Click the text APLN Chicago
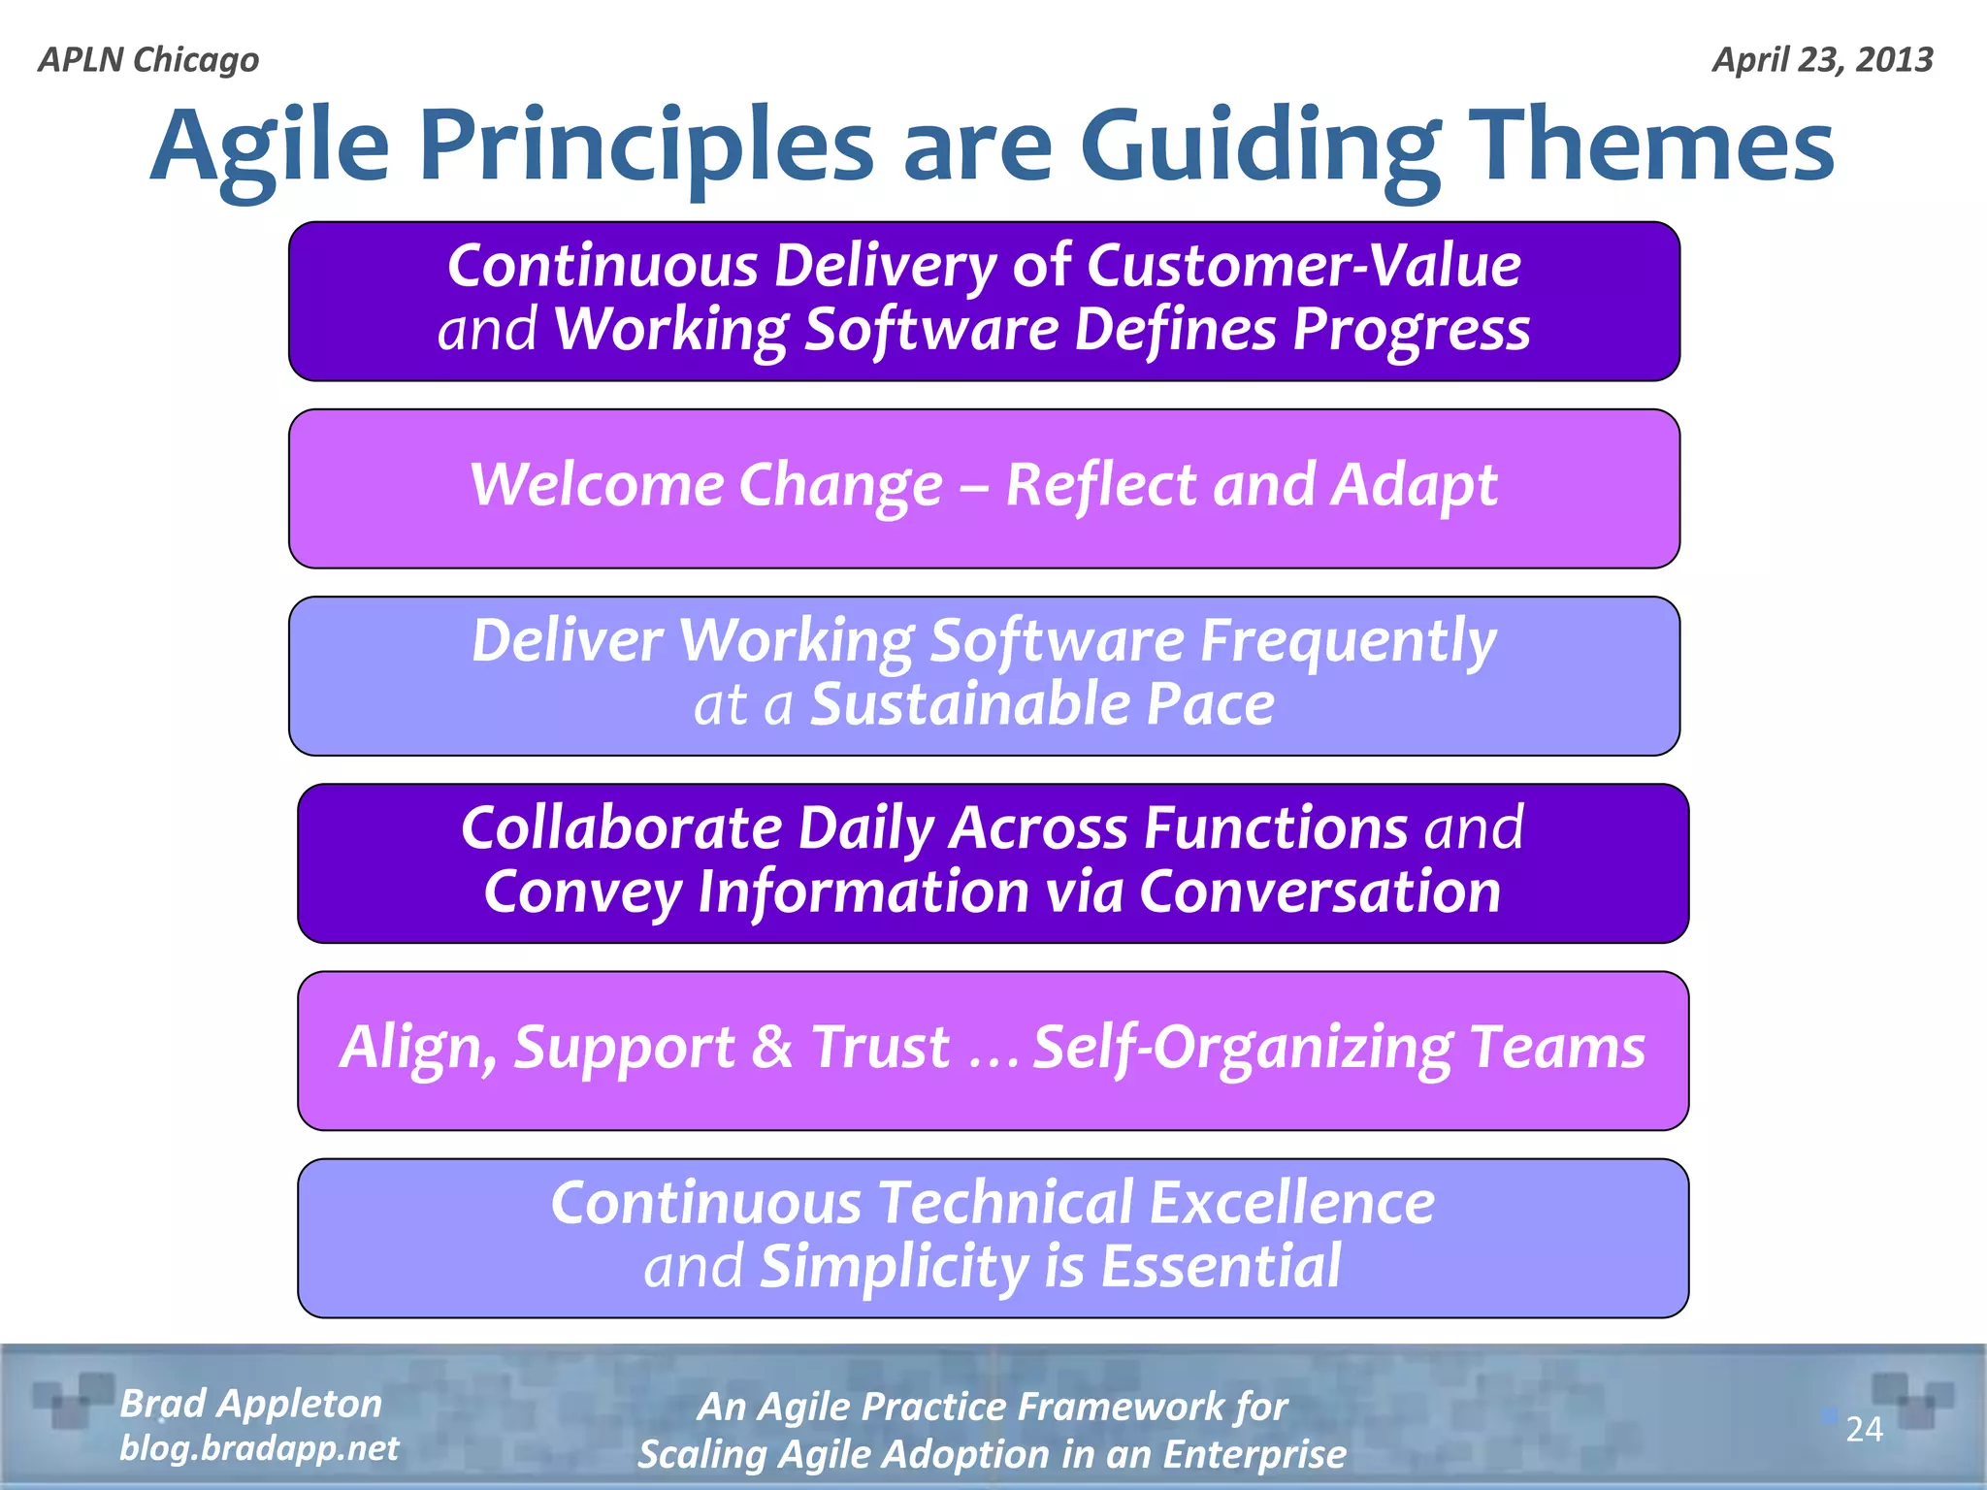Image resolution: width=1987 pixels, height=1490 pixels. [148, 60]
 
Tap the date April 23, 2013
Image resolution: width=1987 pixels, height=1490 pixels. [1822, 60]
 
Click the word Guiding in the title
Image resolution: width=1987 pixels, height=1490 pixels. [1259, 147]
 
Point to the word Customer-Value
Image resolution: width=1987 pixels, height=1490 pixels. [1303, 266]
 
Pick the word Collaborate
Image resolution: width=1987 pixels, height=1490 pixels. [621, 828]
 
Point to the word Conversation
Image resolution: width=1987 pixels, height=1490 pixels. [1319, 891]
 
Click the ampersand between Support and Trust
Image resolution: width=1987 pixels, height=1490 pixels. [772, 1048]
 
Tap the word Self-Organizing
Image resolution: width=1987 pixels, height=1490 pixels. [1242, 1048]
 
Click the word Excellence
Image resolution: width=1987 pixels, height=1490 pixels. [1291, 1204]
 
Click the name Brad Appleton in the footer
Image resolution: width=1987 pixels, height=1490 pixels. [250, 1404]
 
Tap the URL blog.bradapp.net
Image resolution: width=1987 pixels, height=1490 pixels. [259, 1448]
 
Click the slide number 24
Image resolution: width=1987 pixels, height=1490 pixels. [1863, 1429]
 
